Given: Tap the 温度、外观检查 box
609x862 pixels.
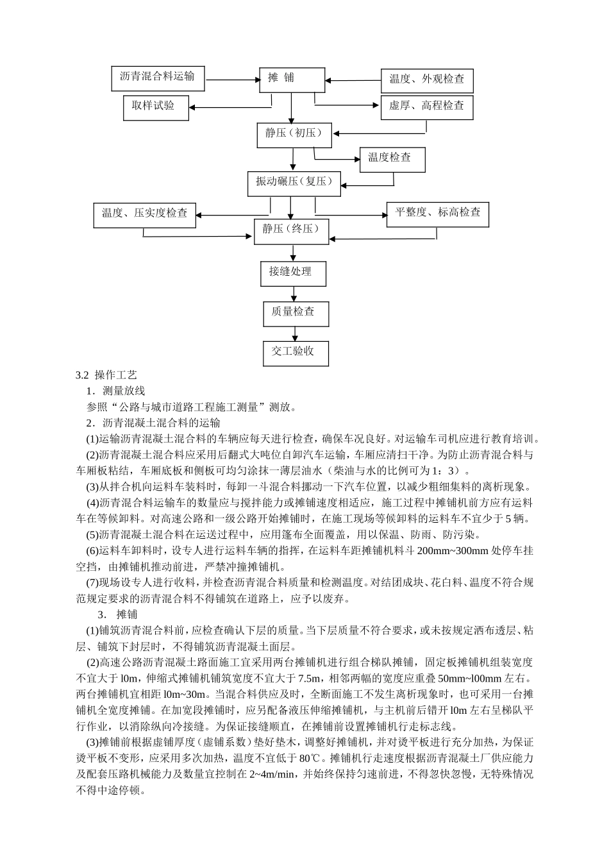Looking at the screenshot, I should coord(426,80).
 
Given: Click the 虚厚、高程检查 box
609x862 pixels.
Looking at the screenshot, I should coord(426,106).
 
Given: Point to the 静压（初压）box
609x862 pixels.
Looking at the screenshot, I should coord(294,135).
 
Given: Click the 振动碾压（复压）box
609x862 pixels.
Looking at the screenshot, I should coord(294,183).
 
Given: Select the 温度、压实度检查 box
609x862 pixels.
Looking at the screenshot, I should coord(145,214).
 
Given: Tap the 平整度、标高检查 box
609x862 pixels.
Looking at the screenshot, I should coord(437,214).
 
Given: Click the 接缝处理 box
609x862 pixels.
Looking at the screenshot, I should coord(293,273).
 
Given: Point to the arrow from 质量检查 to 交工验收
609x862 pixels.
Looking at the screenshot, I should coord(296,333).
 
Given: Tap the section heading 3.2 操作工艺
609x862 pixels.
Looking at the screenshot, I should coord(106,375).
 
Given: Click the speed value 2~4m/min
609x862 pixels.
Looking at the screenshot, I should coord(270,774).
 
